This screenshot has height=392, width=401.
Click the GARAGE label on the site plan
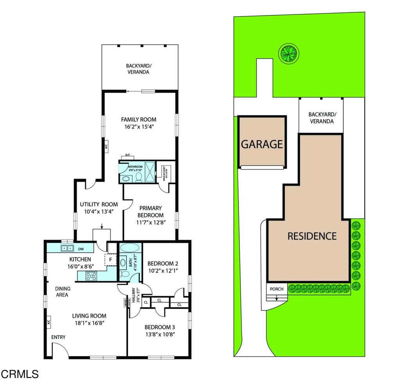[262, 144]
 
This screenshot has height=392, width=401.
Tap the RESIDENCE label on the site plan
[312, 236]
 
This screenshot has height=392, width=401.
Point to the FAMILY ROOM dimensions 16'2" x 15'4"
[139, 127]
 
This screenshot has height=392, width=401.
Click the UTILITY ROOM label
[99, 204]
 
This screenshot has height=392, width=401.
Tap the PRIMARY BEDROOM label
[150, 212]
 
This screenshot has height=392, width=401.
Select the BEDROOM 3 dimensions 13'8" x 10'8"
[159, 334]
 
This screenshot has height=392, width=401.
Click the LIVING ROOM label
[89, 316]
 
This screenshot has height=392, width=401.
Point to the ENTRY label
[58, 337]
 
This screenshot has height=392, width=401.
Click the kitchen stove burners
[92, 275]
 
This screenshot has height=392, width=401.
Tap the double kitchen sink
[67, 248]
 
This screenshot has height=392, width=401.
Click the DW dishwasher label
[81, 249]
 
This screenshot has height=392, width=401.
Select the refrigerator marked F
[110, 259]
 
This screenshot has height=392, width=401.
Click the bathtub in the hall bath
[130, 248]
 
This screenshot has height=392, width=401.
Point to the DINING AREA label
[63, 292]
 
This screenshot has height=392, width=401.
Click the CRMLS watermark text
[20, 374]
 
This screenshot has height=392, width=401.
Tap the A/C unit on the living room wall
[49, 322]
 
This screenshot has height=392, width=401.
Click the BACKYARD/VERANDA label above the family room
[138, 69]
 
